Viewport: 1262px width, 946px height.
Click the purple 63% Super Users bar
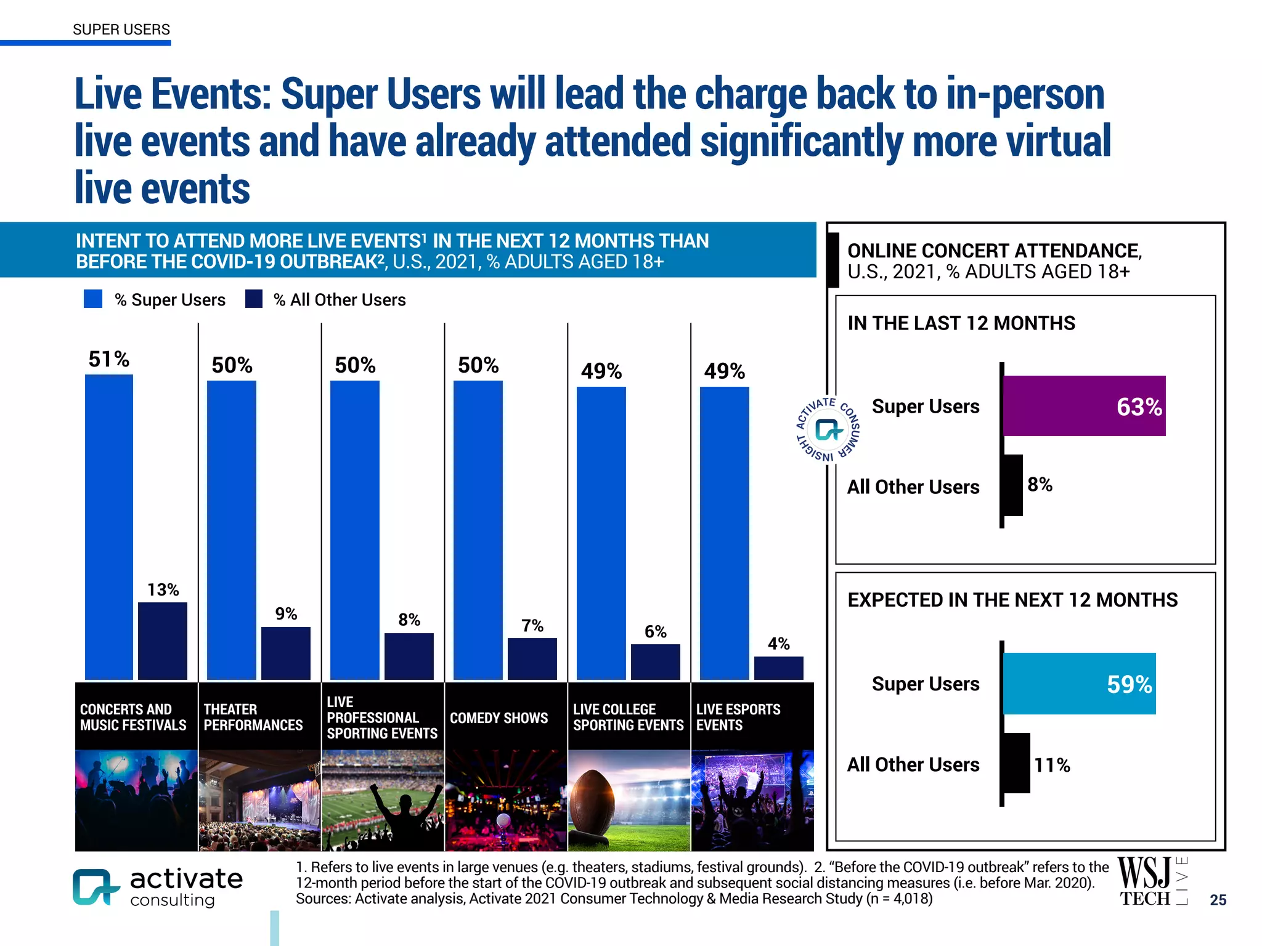tap(1083, 406)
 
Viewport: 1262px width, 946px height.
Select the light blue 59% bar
tap(1078, 684)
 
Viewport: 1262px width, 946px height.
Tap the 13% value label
tap(163, 590)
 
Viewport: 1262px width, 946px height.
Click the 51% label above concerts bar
tap(108, 359)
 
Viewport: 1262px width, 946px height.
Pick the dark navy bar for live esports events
tap(778, 668)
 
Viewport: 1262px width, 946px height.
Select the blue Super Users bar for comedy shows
tap(478, 530)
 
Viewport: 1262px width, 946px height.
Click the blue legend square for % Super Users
tap(93, 299)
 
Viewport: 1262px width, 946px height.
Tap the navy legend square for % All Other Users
tap(254, 299)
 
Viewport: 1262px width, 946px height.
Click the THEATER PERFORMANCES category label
tap(253, 717)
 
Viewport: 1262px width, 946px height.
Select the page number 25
tap(1218, 900)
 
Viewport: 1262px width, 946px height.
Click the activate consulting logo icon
tap(94, 887)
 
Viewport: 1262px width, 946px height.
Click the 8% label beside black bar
tap(1040, 485)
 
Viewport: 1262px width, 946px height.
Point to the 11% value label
tap(1051, 765)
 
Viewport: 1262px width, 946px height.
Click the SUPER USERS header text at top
tap(121, 30)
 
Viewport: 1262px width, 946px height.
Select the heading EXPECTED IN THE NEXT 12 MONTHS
tap(1012, 600)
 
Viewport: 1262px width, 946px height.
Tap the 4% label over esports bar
tap(778, 644)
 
